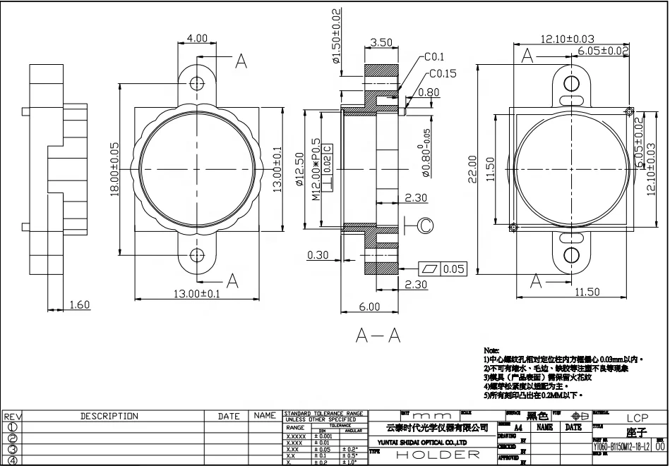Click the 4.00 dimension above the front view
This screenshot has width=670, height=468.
point(197,38)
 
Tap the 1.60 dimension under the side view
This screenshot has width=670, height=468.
point(80,304)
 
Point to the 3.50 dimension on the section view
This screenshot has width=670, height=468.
point(381,42)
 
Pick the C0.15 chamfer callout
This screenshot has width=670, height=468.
point(441,73)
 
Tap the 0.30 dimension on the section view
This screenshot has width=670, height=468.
point(318,255)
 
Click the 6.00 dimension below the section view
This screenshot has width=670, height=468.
point(369,307)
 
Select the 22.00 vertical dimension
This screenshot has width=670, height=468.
point(472,170)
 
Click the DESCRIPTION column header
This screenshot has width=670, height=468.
point(109,417)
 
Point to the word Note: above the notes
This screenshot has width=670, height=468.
point(491,350)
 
